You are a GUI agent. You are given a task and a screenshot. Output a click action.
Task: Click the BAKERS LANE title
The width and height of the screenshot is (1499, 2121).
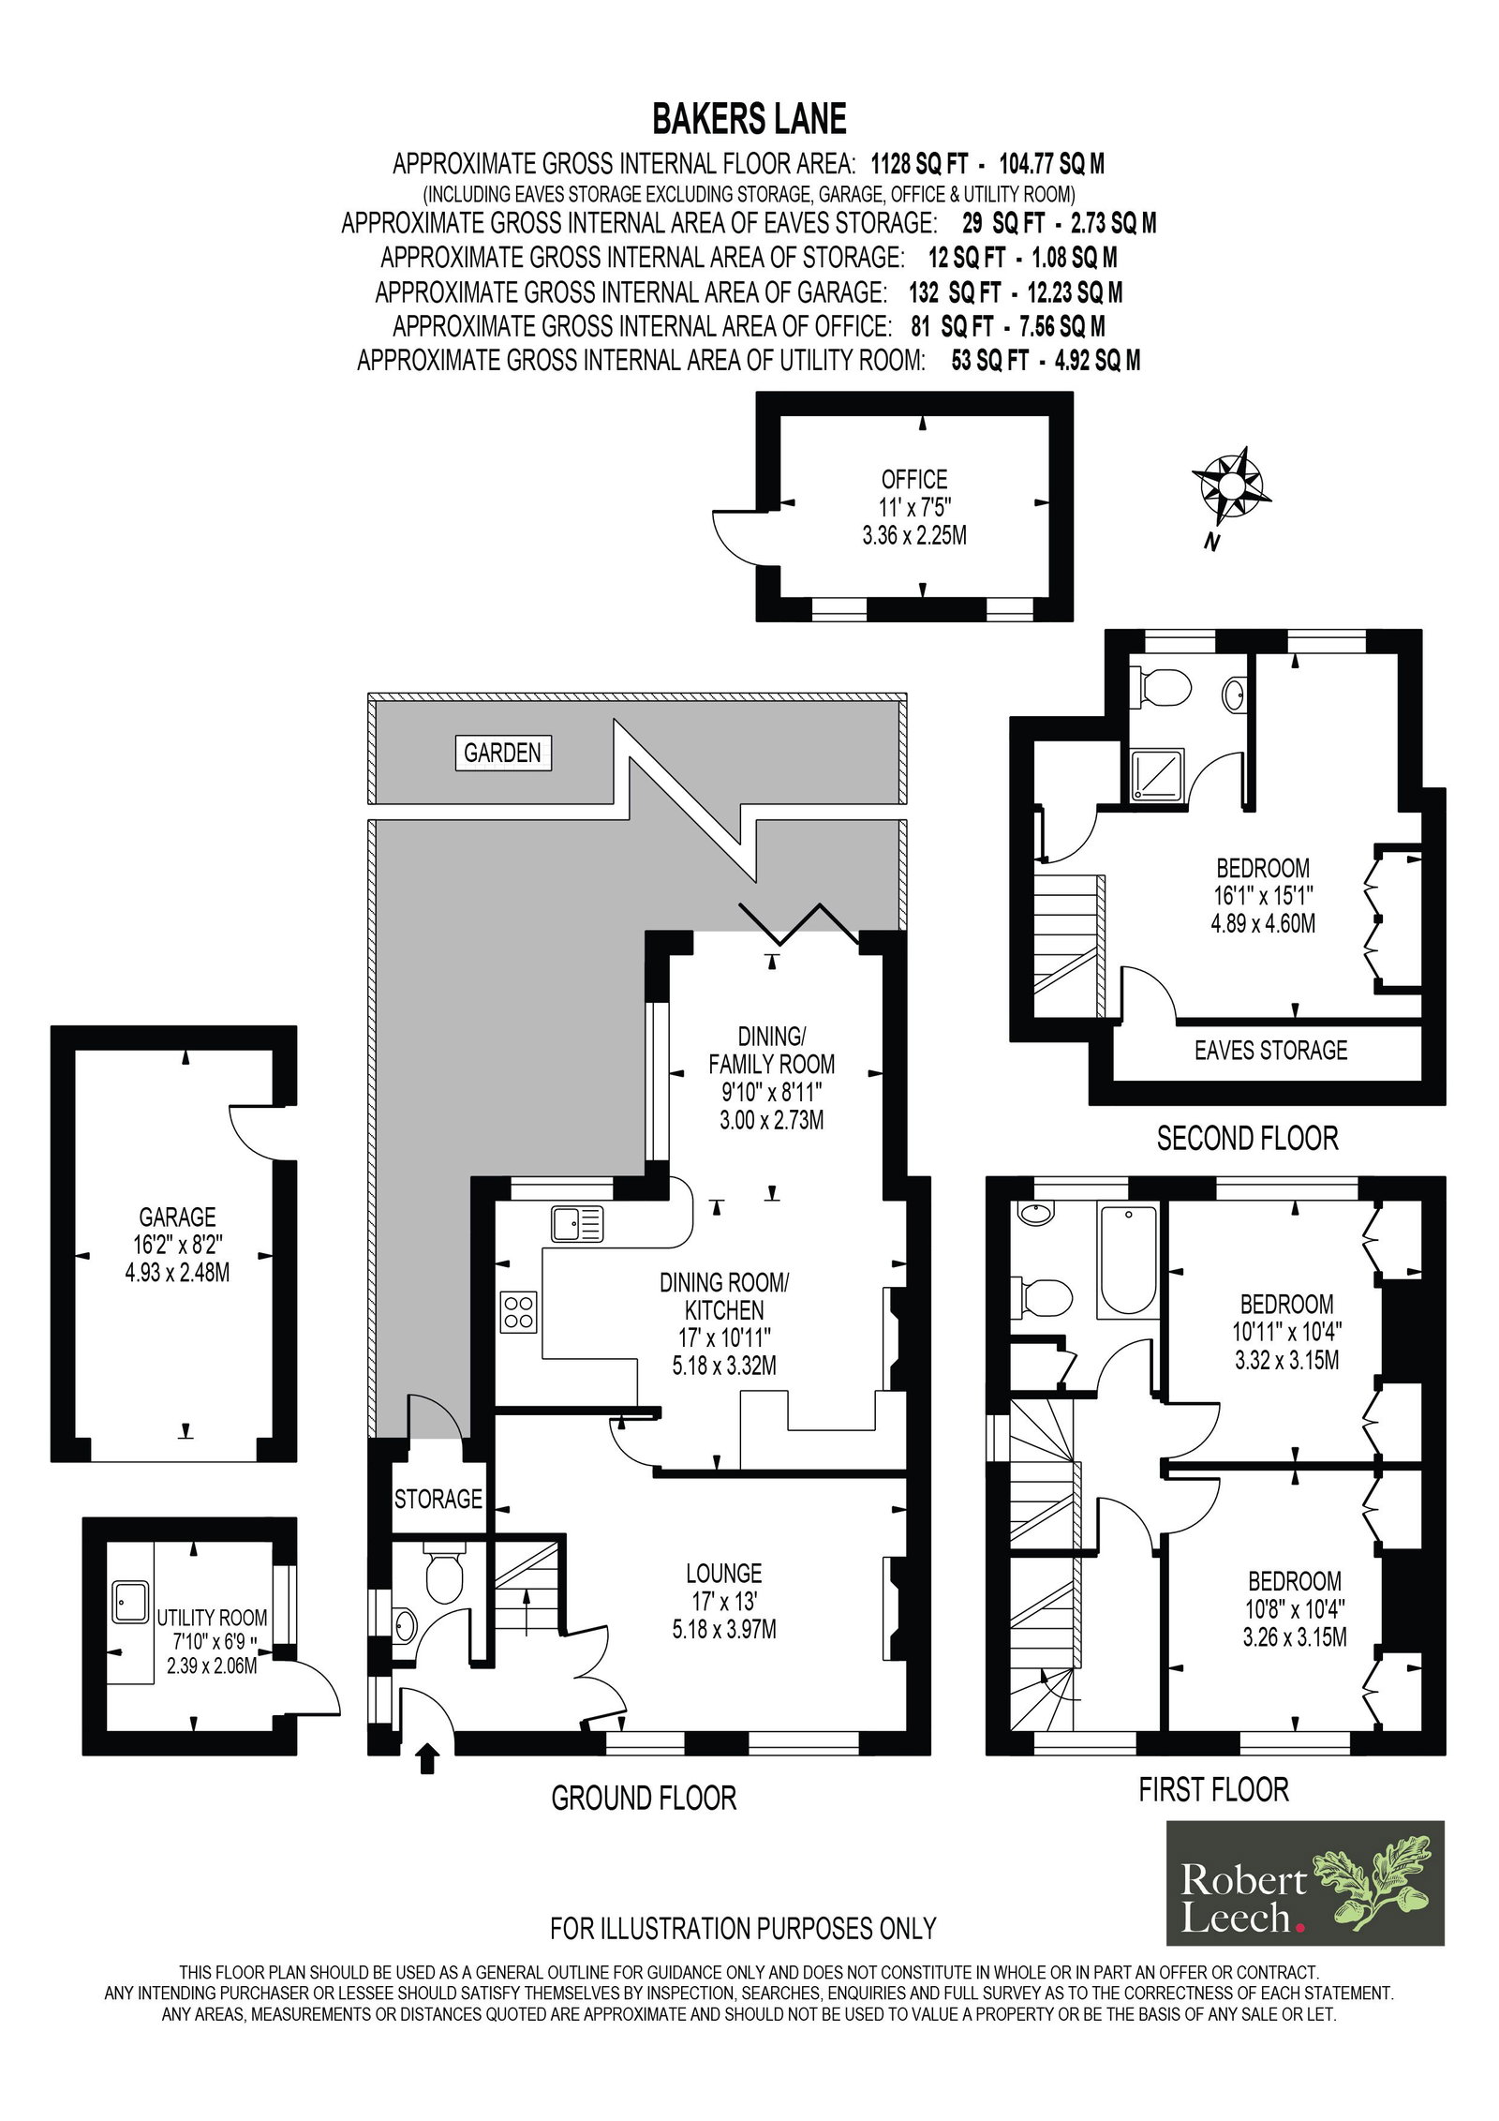749,120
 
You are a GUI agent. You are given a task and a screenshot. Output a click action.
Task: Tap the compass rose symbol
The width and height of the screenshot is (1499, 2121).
1231,485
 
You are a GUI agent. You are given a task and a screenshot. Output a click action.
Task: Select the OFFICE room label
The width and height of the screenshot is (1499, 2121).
913,480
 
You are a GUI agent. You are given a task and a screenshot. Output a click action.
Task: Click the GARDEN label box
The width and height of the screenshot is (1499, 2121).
503,752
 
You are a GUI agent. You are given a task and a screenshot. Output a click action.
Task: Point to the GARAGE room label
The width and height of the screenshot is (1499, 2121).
177,1217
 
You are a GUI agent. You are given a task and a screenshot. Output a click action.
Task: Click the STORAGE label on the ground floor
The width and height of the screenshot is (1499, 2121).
438,1500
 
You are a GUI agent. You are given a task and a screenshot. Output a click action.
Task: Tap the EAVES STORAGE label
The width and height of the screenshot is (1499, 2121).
1270,1051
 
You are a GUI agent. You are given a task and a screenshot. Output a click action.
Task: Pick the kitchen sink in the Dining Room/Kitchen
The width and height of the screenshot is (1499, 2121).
577,1224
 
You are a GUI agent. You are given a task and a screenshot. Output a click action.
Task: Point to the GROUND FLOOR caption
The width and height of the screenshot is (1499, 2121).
644,1798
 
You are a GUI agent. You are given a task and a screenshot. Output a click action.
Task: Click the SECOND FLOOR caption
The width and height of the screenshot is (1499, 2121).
1247,1139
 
